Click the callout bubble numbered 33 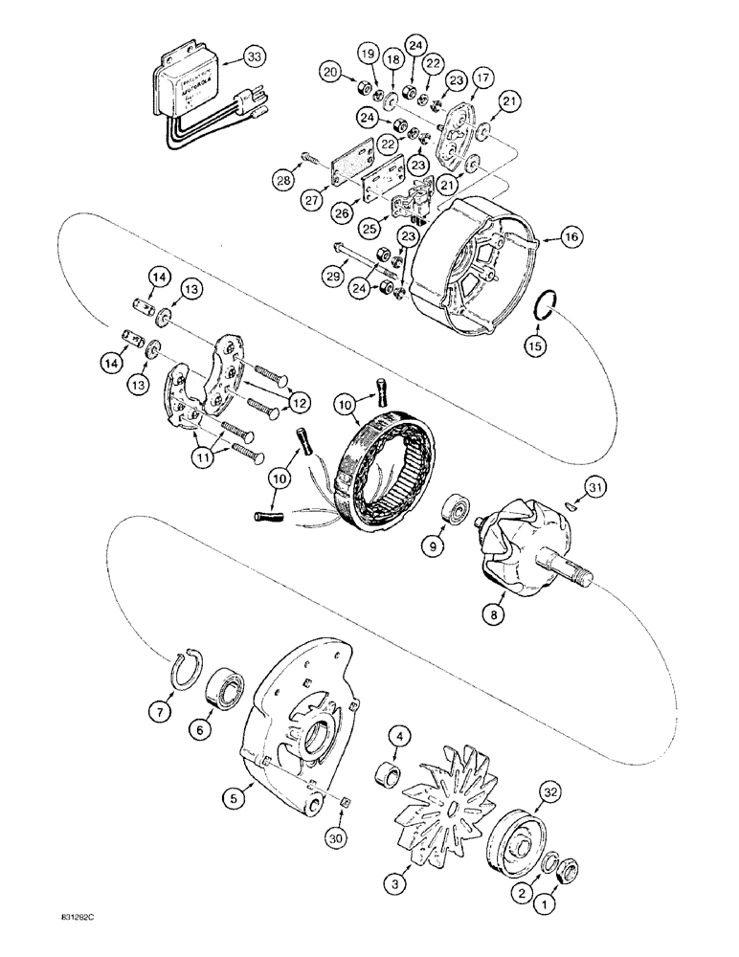click(279, 56)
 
